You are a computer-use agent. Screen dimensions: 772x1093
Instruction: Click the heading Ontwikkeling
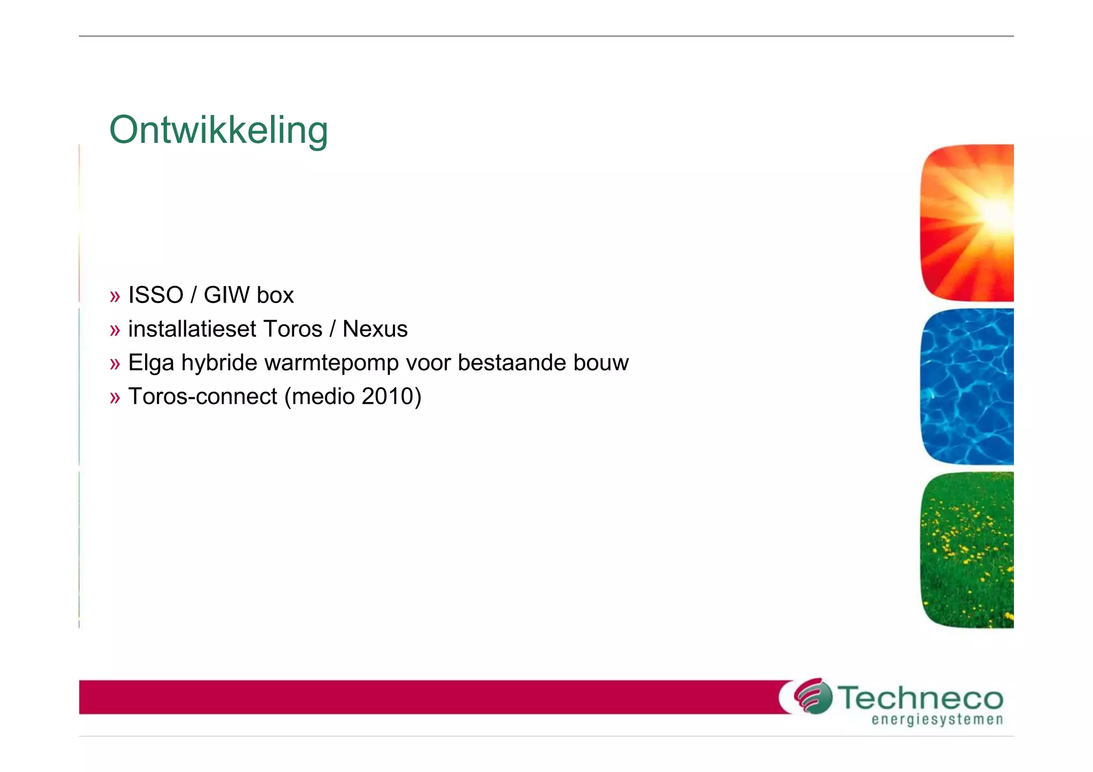click(x=218, y=130)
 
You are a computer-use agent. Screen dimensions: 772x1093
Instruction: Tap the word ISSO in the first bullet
click(x=156, y=295)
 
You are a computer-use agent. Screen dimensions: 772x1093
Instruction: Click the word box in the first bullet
click(x=275, y=295)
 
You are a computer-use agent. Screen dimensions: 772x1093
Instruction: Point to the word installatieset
click(x=192, y=329)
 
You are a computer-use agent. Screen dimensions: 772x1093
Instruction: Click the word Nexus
click(x=375, y=329)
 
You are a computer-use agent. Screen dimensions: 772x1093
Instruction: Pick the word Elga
click(x=151, y=363)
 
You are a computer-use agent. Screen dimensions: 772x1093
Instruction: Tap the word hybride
click(x=219, y=363)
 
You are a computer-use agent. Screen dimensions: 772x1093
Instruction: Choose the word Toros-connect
click(x=203, y=396)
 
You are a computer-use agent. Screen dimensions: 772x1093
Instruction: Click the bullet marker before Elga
click(x=115, y=364)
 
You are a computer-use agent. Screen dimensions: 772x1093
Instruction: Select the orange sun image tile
click(x=967, y=222)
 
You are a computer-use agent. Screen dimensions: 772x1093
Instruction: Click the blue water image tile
click(x=967, y=386)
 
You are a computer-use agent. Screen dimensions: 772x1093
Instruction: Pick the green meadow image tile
click(x=967, y=550)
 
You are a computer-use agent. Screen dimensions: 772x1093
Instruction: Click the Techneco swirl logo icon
click(x=813, y=696)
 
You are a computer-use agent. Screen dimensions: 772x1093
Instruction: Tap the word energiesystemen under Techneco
click(x=937, y=720)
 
